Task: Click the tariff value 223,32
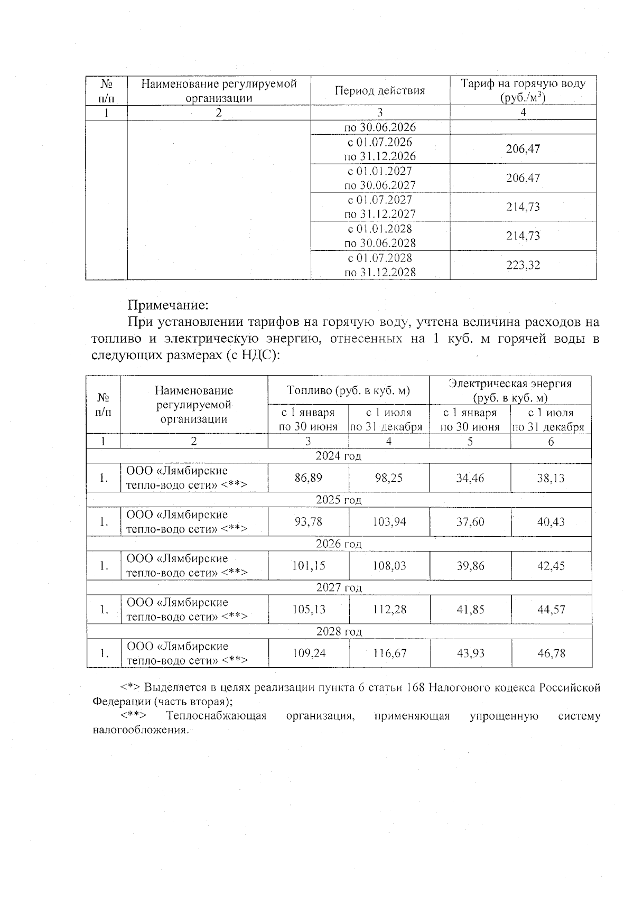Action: point(523,265)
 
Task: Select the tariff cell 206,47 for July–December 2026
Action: point(523,149)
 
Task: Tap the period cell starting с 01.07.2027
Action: point(380,207)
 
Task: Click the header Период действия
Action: point(380,90)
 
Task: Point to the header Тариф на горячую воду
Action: point(523,84)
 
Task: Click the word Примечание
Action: point(169,305)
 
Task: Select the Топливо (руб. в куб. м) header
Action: point(348,390)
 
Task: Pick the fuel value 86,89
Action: point(308,478)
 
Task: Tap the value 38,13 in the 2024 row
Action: point(551,478)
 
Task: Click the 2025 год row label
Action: point(339,500)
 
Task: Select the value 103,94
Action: point(389,522)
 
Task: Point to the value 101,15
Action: point(308,566)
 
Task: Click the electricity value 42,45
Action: point(551,566)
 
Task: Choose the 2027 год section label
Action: point(339,587)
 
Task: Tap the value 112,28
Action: point(389,610)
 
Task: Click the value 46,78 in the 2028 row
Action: point(551,653)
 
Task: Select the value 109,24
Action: point(308,653)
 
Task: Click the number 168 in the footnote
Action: point(415,687)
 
